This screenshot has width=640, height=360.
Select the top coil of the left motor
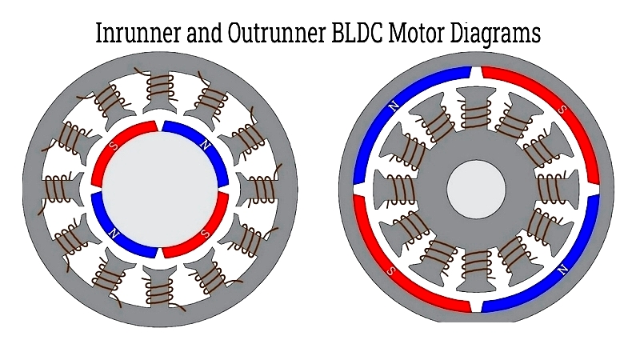coord(160,85)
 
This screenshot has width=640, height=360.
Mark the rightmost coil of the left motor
coord(262,189)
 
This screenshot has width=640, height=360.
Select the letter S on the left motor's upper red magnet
coord(114,146)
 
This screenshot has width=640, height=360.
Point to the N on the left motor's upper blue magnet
coord(206,146)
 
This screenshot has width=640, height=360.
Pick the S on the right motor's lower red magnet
coord(390,270)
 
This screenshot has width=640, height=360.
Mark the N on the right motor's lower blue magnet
coord(562,270)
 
